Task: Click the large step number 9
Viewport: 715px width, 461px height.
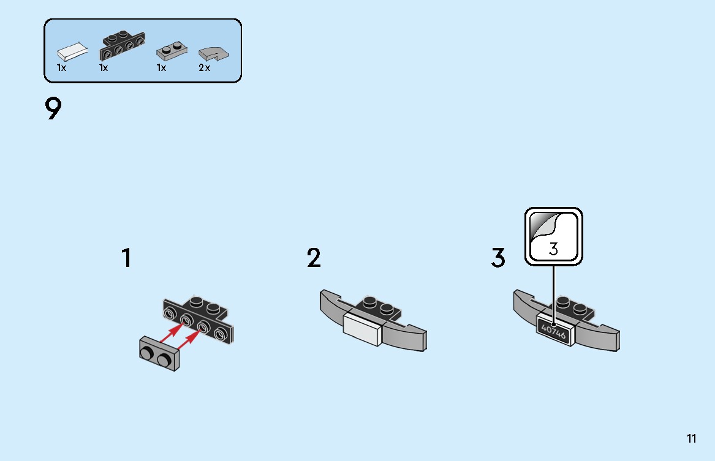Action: tap(53, 108)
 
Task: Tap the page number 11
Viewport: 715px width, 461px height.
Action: tap(691, 438)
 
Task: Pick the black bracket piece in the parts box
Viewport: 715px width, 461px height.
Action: tap(122, 45)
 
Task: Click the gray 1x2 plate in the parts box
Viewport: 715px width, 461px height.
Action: tap(172, 51)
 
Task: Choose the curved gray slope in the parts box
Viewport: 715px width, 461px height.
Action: tap(213, 53)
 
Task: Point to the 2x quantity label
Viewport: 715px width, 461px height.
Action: tap(204, 68)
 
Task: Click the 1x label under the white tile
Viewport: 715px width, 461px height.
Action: tap(61, 68)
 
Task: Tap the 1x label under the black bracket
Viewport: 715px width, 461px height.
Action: tap(104, 68)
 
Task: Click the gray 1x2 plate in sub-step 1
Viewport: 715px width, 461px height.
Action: tap(159, 353)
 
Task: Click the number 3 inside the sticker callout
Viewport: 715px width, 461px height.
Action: tap(553, 249)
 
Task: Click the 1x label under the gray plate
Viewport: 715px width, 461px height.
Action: tap(161, 68)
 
